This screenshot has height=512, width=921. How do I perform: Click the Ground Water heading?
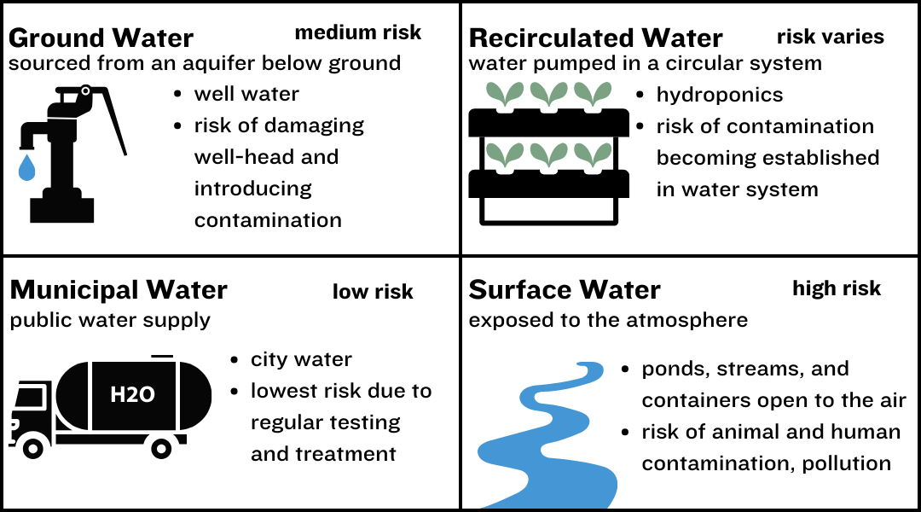(x=101, y=38)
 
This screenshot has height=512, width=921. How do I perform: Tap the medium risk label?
(x=358, y=32)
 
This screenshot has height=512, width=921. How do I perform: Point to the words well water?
(x=246, y=93)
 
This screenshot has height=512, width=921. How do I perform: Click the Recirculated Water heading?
(x=595, y=38)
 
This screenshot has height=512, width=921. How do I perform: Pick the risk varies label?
(x=830, y=37)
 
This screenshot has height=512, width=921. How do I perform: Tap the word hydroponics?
(x=719, y=95)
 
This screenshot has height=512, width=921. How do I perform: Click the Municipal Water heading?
(x=119, y=290)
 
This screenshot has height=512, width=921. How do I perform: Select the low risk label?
(x=373, y=292)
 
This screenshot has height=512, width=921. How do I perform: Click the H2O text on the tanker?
(x=132, y=395)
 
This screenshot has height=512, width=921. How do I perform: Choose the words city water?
(x=301, y=359)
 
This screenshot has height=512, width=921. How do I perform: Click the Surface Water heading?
(x=565, y=290)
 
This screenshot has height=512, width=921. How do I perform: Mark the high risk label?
(x=837, y=288)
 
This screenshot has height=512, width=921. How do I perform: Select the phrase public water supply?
(x=110, y=321)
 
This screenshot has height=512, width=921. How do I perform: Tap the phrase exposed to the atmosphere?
(x=608, y=320)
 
